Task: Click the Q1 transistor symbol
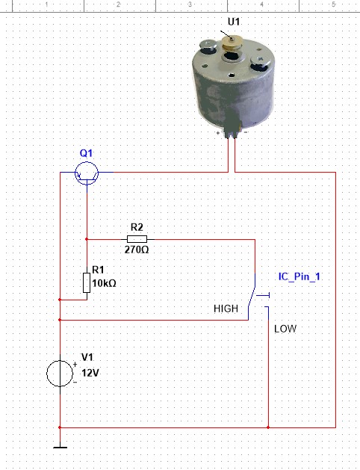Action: point(87,173)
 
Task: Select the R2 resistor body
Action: point(137,239)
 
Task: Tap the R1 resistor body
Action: point(87,282)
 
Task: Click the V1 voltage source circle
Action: point(60,374)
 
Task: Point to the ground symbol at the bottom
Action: point(60,448)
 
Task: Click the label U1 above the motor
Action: point(234,22)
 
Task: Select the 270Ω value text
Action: point(137,250)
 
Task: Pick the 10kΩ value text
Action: point(104,283)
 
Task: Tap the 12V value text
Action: point(90,373)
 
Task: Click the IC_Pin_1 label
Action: point(300,276)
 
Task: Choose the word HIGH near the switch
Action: point(226,309)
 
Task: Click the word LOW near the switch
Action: point(285,329)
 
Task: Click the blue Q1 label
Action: point(86,153)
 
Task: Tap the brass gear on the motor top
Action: point(232,44)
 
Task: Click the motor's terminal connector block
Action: point(233,126)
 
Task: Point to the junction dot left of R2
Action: point(87,239)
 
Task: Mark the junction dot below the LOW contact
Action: point(268,427)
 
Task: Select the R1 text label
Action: point(98,270)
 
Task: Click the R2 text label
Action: point(137,227)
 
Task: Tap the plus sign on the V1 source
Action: point(75,364)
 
